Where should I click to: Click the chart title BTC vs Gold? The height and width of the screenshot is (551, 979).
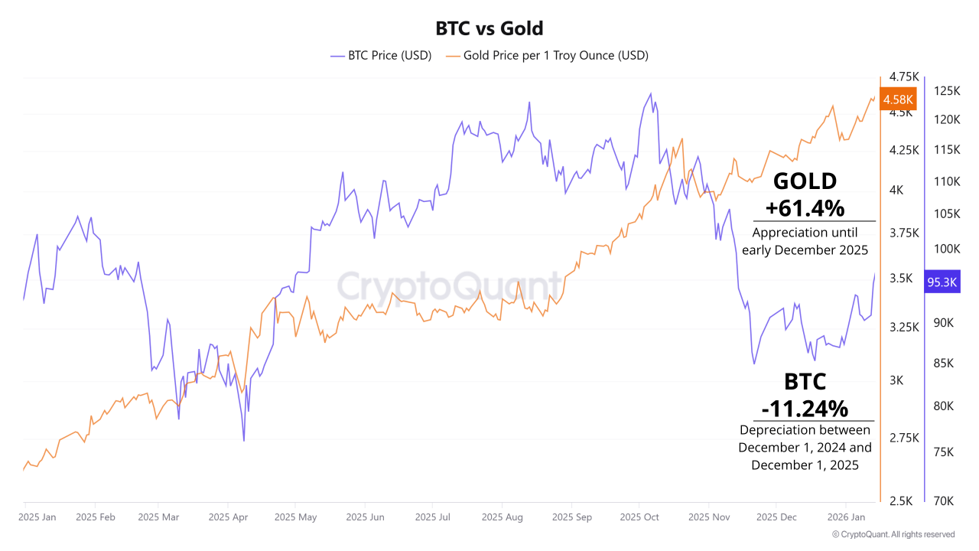(x=489, y=29)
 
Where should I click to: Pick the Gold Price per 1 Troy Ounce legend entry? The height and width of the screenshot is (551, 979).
(x=547, y=55)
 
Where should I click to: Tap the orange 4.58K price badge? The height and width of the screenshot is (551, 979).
(x=898, y=99)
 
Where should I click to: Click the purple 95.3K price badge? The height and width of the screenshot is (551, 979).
(x=942, y=282)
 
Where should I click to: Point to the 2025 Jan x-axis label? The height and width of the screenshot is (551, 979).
(x=37, y=517)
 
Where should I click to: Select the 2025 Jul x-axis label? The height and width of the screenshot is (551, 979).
(x=433, y=517)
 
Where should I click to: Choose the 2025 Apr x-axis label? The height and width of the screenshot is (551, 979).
(x=229, y=517)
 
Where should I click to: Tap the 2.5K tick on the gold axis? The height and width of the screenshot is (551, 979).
(x=901, y=501)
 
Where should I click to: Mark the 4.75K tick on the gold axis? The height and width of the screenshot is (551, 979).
(x=904, y=77)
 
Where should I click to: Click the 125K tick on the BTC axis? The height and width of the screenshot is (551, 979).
(x=948, y=91)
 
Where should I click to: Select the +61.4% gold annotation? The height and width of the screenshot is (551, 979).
(x=805, y=207)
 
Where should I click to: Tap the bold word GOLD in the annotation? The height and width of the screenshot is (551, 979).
(x=805, y=181)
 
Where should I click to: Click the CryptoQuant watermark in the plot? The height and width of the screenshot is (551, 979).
(x=450, y=287)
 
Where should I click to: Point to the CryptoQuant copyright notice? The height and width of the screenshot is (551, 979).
(x=893, y=534)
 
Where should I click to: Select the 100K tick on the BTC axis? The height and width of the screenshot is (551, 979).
(x=948, y=249)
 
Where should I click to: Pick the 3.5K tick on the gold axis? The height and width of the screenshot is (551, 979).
(x=901, y=278)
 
